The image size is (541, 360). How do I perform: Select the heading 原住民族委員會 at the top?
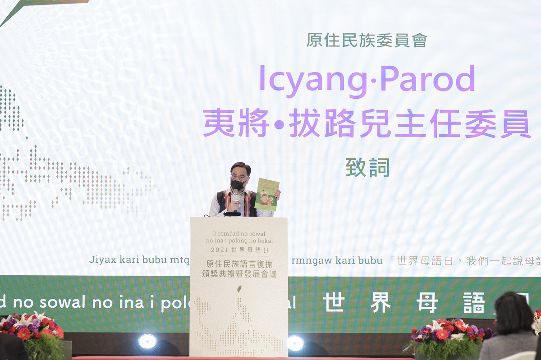367,40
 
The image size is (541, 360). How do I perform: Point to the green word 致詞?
367,168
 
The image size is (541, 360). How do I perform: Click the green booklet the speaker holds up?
267,194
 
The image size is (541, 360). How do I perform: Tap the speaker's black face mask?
238,185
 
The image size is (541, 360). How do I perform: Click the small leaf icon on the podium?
239,289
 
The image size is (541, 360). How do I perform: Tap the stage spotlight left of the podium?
147,341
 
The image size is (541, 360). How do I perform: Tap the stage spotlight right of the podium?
295,343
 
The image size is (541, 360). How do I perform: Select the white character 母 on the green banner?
426,302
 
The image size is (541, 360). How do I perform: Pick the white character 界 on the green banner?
380,302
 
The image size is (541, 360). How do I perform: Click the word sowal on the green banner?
64,302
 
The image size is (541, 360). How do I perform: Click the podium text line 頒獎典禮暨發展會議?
239,274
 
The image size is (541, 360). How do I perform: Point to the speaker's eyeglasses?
239,178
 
